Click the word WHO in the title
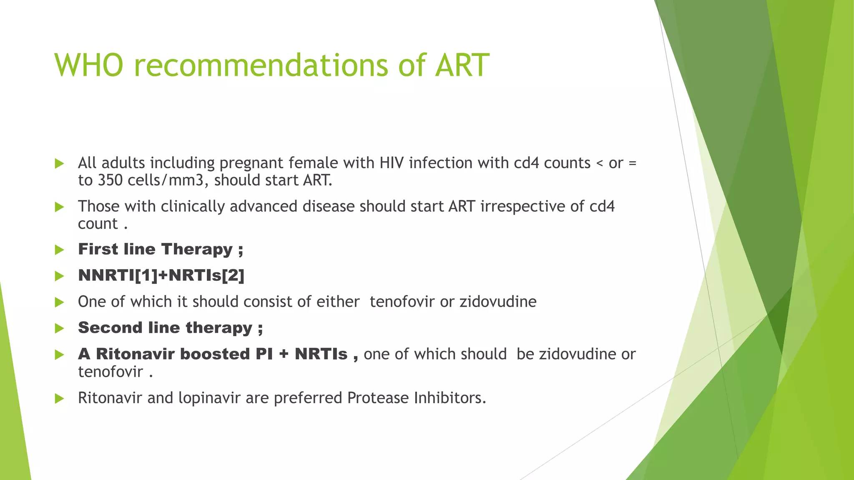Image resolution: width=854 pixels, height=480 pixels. [x=89, y=65]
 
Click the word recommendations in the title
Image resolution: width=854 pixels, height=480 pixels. [x=261, y=65]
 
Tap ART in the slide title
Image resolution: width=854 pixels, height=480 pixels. [x=462, y=65]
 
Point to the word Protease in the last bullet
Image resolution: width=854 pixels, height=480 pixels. [x=378, y=398]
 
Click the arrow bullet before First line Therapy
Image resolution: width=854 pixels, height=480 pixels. [x=60, y=250]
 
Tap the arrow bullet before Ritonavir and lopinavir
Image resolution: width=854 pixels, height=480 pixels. [x=60, y=399]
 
